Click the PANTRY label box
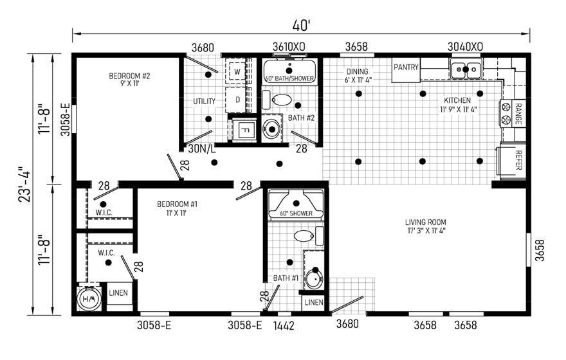(x=406, y=69)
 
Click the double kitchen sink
(x=466, y=69)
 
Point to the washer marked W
(x=237, y=71)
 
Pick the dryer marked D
(x=237, y=99)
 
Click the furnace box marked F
(x=244, y=129)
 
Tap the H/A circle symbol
(x=89, y=299)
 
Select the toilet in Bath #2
(x=278, y=100)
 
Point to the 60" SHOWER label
(x=296, y=213)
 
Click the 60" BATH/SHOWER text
(x=289, y=78)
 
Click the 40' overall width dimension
(x=302, y=25)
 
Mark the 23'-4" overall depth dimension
(x=26, y=184)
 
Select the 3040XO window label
(x=465, y=47)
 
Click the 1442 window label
(x=284, y=326)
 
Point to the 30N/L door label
(x=201, y=148)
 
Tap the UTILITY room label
(x=204, y=102)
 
